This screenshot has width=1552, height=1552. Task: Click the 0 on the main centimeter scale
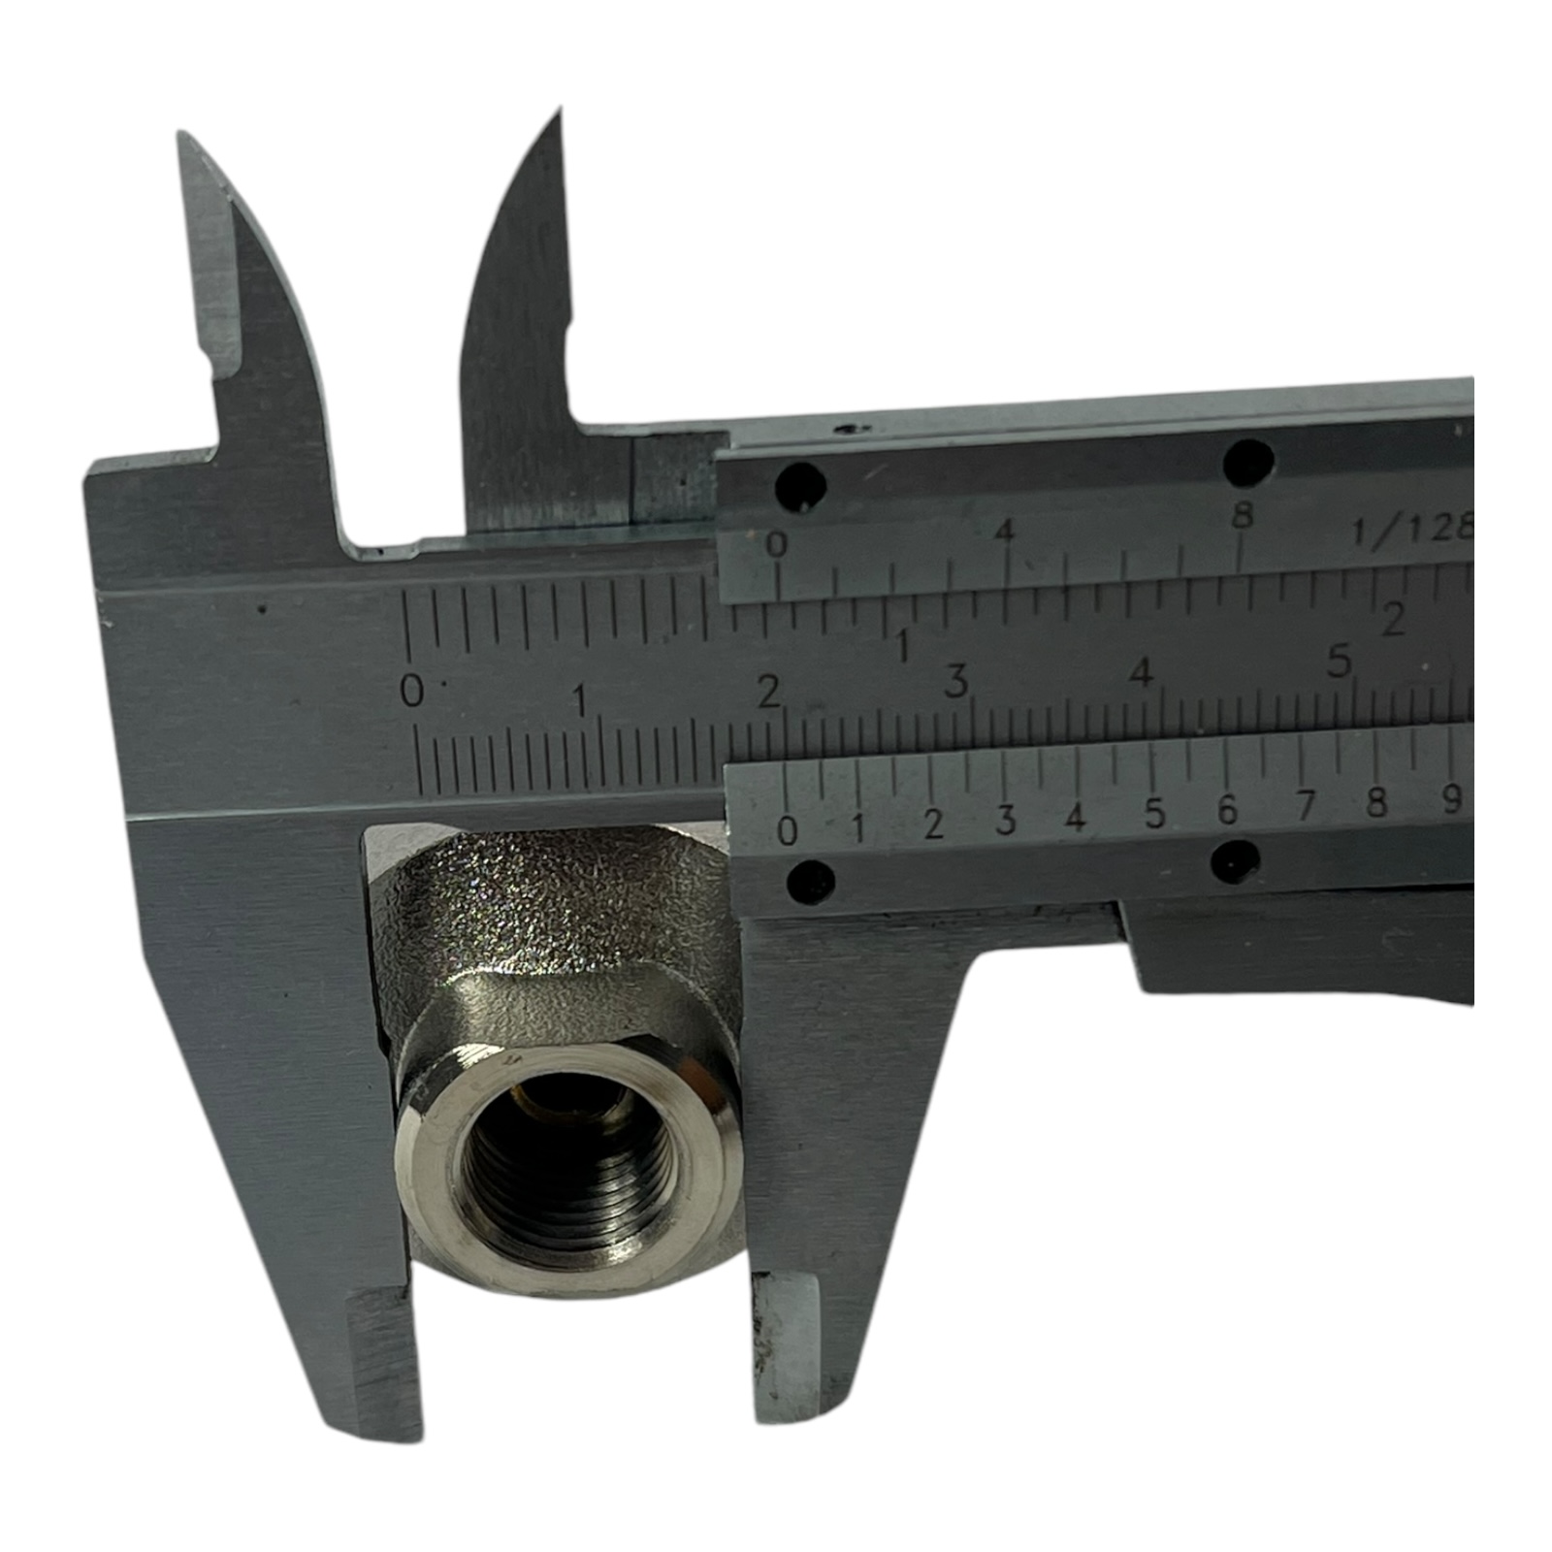(412, 692)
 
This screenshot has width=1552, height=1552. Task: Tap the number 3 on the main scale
(956, 682)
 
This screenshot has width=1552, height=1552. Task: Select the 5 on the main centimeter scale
(1340, 663)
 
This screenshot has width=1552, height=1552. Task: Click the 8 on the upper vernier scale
(1243, 516)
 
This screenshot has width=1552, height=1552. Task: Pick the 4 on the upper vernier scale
(1006, 531)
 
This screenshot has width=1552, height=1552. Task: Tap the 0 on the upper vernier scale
(776, 545)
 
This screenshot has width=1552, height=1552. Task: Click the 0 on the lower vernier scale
(788, 830)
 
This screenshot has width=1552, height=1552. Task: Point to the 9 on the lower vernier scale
(1451, 797)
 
